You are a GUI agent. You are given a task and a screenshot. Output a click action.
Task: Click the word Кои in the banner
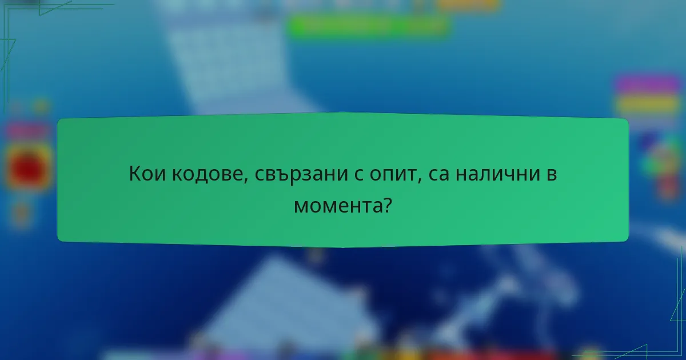[x=147, y=174]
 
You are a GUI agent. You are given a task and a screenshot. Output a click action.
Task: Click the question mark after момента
[x=387, y=204]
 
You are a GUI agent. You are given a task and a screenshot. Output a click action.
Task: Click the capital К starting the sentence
[x=135, y=174]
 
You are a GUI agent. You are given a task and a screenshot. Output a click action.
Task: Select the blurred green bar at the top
[x=368, y=25]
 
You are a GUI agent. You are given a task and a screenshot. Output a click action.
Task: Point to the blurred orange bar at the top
[x=468, y=5]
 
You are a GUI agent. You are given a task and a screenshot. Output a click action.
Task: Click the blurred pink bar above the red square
[x=27, y=131]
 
